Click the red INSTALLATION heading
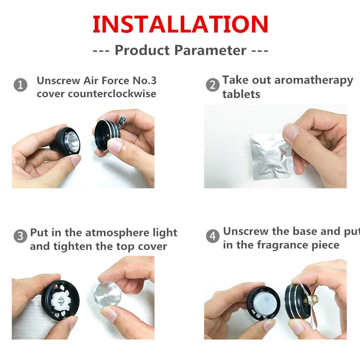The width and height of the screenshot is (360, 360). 180,24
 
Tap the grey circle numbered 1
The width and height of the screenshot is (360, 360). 20,85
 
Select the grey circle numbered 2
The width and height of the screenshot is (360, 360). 212,85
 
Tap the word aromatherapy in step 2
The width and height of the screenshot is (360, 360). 314,81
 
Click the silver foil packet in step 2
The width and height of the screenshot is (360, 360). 270,155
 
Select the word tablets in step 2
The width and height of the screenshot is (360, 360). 241,94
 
